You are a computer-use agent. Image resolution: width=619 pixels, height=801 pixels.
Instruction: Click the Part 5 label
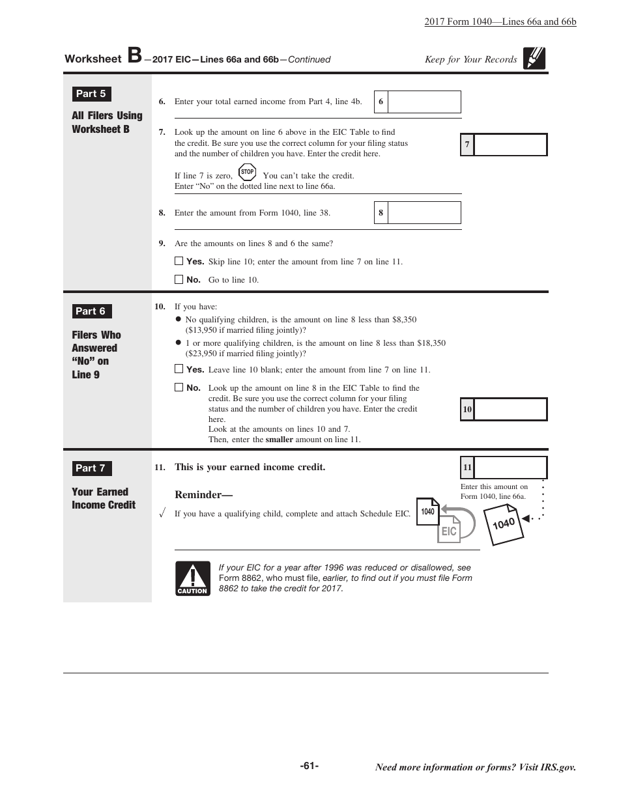coord(91,94)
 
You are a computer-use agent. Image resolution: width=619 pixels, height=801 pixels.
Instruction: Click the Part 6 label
coord(91,311)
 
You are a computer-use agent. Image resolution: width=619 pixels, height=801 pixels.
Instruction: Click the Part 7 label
coord(91,468)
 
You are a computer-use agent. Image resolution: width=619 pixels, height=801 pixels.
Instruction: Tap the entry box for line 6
coord(424,102)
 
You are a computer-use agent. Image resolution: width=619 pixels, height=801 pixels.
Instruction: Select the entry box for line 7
coord(510,145)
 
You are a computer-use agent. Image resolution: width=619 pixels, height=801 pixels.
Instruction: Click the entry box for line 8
coord(424,213)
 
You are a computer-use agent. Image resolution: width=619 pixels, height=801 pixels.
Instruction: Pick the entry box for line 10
coord(510,410)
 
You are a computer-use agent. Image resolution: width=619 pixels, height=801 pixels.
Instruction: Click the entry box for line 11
coord(510,468)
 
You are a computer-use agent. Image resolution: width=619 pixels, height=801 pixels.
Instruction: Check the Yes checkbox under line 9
coord(179,261)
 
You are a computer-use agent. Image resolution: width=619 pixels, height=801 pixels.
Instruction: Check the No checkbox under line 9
coord(179,279)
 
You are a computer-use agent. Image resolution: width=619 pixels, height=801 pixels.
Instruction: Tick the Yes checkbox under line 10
coord(179,369)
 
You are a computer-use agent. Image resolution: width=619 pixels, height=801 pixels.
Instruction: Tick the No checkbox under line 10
coord(179,387)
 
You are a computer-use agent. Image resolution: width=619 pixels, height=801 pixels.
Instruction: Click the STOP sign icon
coord(247,173)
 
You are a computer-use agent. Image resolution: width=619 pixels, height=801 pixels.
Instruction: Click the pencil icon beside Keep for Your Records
coord(534,59)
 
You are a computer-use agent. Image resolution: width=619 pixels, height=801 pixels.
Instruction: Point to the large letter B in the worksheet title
coord(134,56)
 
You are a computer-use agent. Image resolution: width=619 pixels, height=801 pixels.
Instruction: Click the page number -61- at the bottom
coord(309,766)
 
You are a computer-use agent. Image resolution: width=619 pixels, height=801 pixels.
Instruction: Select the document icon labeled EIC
coord(449,529)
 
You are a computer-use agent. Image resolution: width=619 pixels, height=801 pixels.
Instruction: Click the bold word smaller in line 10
coord(279,440)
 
